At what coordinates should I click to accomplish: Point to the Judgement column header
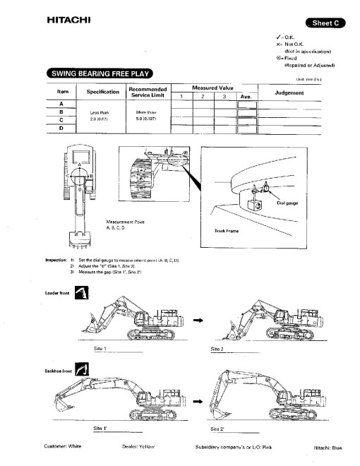[288, 92]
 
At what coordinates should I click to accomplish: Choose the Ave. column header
[246, 96]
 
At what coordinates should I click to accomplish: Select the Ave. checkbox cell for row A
[246, 104]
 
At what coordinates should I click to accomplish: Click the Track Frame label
[226, 230]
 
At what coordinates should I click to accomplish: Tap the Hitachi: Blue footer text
[327, 448]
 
